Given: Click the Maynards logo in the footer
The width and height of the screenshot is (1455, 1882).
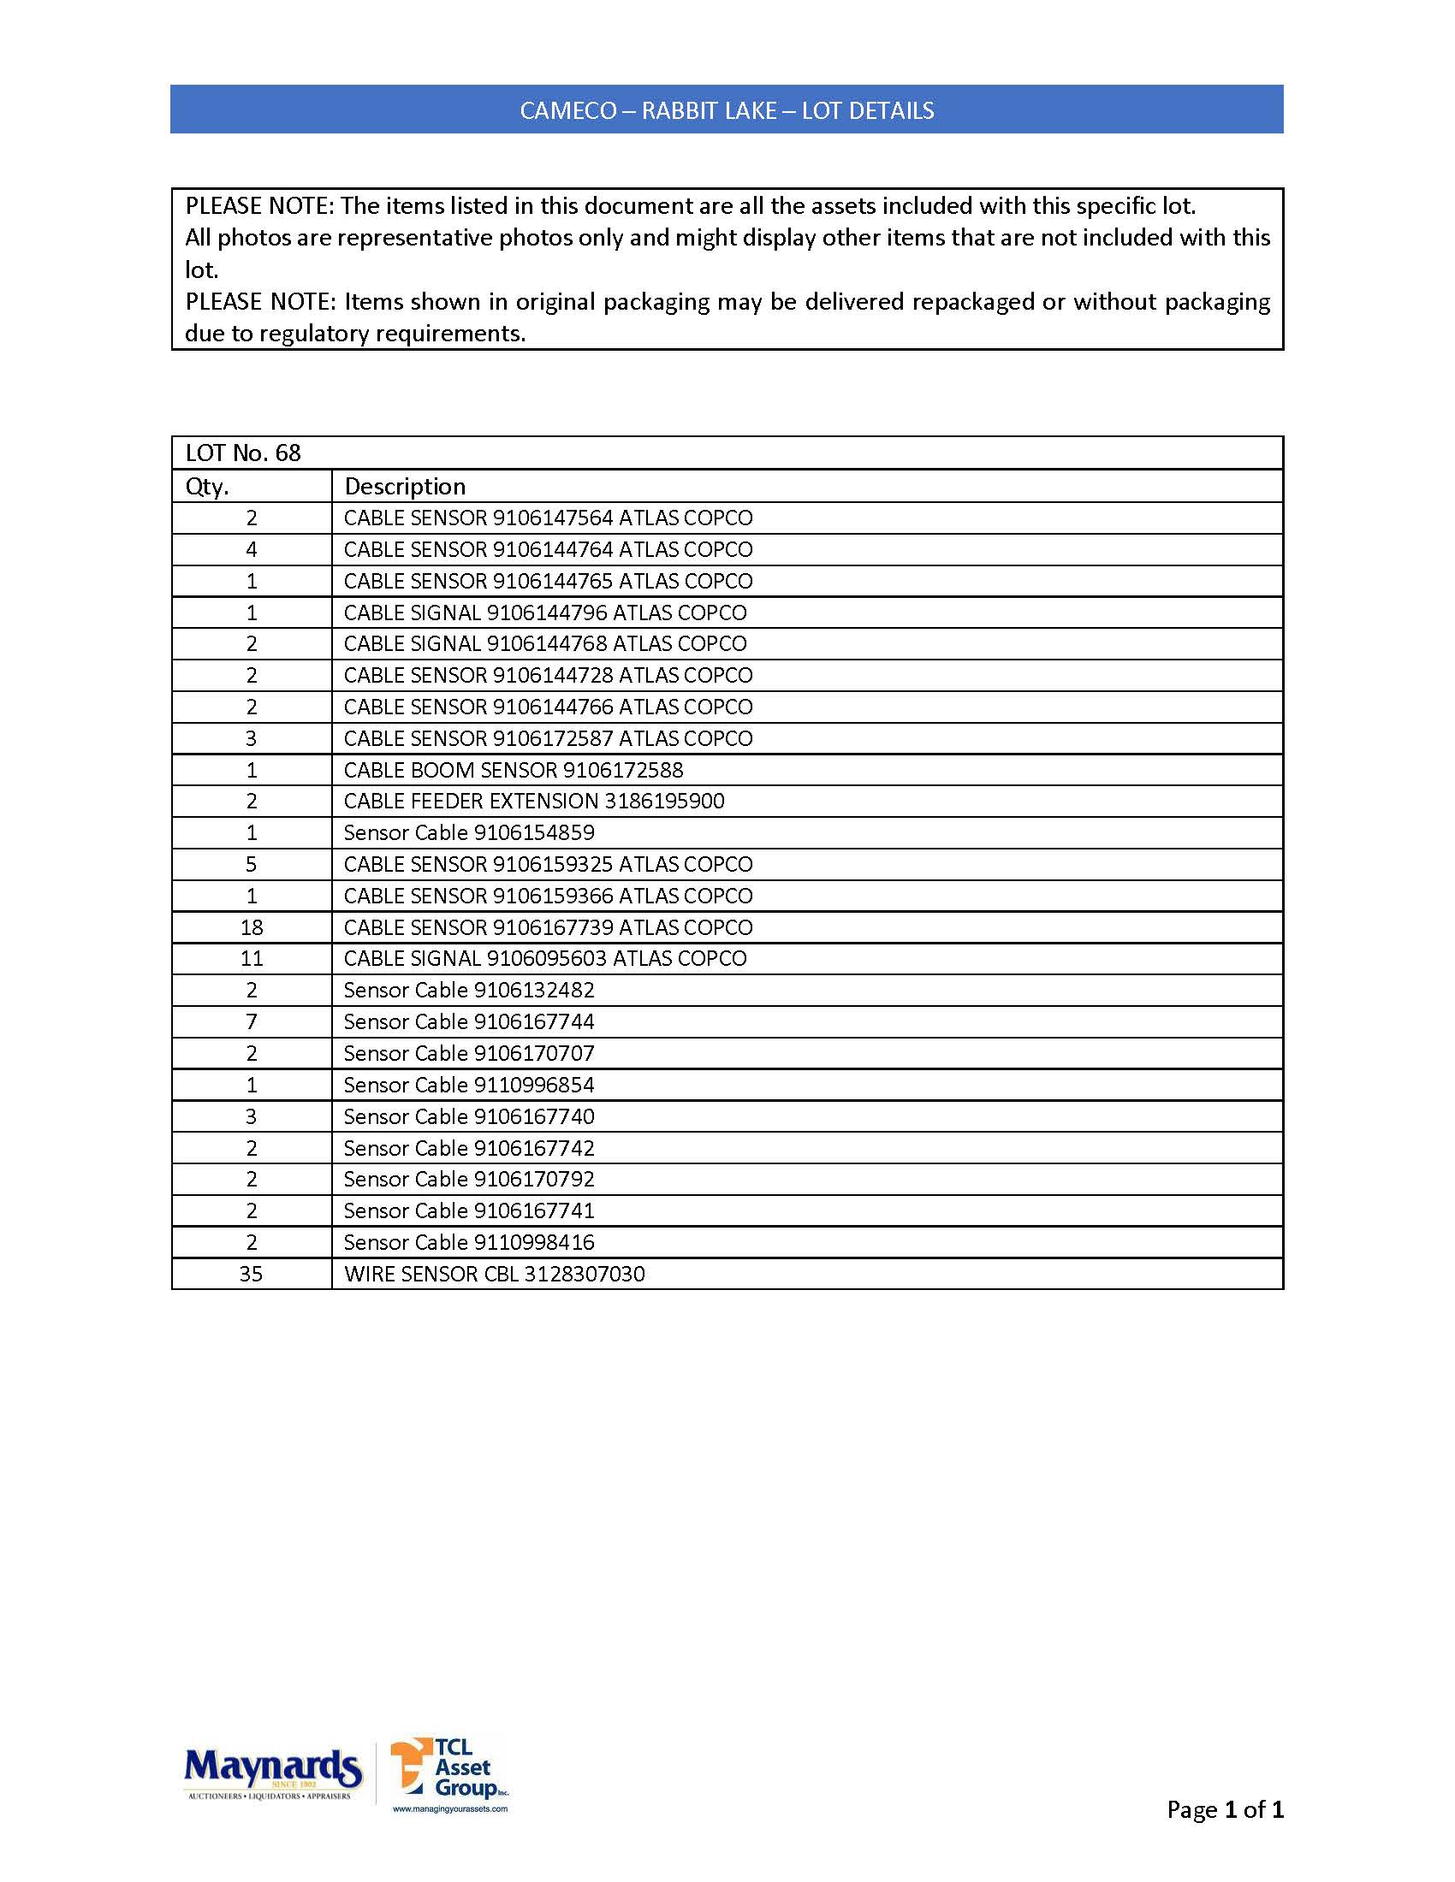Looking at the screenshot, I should (x=272, y=1773).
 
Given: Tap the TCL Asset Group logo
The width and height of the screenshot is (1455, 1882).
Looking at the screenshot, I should (x=449, y=1773).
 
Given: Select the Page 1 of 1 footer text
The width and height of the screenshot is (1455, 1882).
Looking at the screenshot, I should (x=1224, y=1809).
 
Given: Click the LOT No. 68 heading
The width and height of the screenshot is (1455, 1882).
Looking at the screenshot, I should (x=243, y=453).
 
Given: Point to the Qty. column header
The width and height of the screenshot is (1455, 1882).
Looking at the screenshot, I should (x=207, y=487).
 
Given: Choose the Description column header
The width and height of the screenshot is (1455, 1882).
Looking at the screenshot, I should (x=404, y=487).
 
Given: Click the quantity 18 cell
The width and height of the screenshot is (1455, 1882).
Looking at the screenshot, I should (x=252, y=927).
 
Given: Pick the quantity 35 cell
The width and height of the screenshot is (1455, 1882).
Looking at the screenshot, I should (x=252, y=1274).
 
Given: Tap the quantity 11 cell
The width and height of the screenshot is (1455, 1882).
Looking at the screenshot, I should (x=252, y=958).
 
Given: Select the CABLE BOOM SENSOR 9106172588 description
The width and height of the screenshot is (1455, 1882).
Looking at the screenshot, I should (x=513, y=770).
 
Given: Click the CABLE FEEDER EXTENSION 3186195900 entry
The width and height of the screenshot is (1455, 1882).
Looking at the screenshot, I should (x=533, y=801).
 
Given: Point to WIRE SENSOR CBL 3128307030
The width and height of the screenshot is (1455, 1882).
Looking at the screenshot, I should (x=494, y=1274).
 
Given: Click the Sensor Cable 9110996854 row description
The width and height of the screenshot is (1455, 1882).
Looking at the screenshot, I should (x=469, y=1085).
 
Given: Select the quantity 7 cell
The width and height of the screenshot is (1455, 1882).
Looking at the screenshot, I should (x=252, y=1022).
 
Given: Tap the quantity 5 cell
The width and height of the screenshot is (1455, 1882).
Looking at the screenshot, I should (x=252, y=864).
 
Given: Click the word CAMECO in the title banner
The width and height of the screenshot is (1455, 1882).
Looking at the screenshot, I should (x=568, y=110).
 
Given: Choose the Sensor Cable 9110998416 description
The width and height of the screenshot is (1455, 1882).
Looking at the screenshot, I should (x=469, y=1242).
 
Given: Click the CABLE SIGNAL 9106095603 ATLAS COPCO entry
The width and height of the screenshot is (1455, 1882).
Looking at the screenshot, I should (x=544, y=958).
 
